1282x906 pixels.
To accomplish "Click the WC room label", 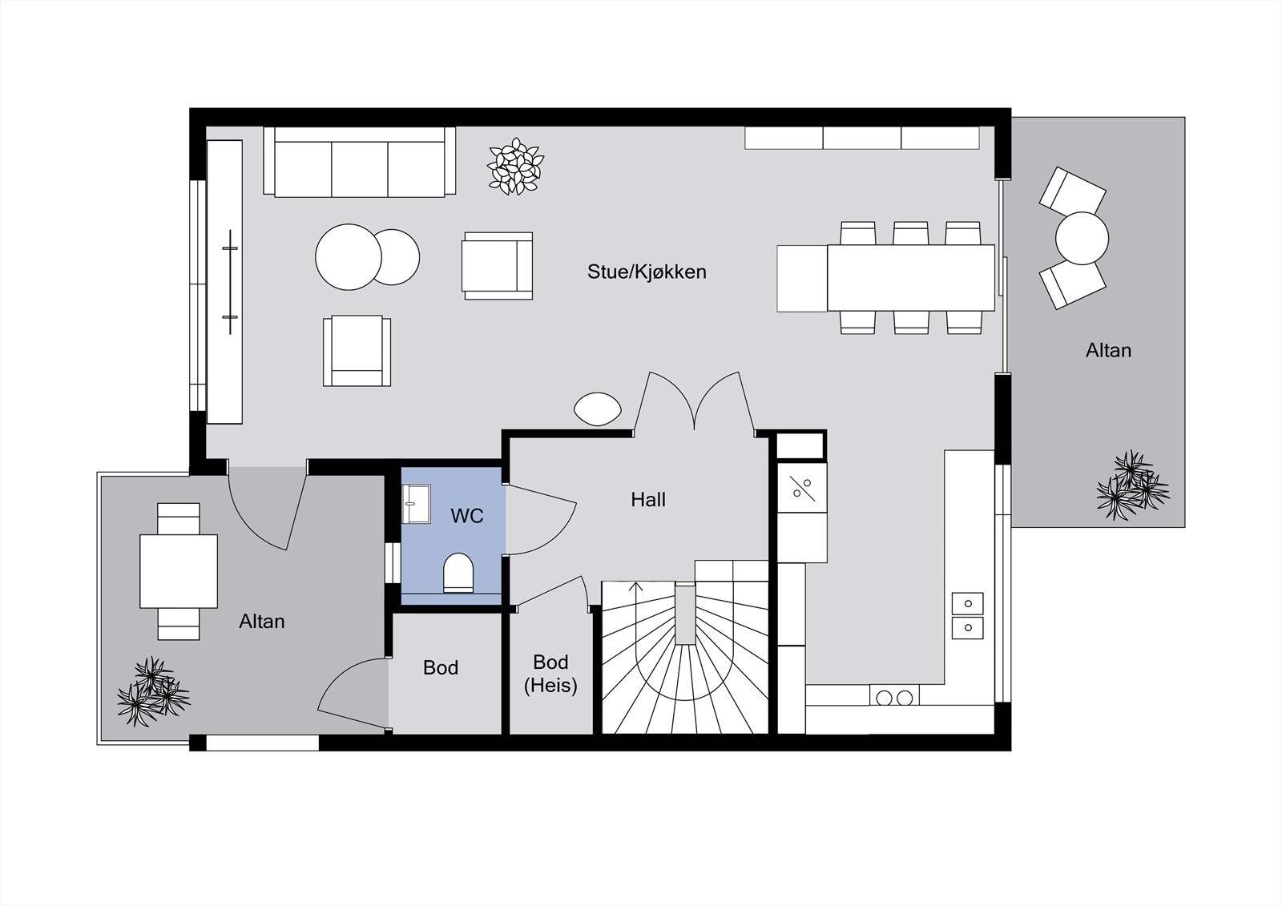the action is click(x=467, y=516).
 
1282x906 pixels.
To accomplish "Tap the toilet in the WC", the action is click(x=458, y=572).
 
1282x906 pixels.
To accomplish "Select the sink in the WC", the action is click(x=416, y=504).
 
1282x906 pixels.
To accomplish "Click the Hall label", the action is click(x=648, y=500).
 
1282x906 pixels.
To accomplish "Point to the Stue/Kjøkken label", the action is click(x=647, y=272).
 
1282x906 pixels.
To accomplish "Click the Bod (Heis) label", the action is click(x=550, y=674).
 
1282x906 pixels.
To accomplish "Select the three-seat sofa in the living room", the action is click(x=360, y=162).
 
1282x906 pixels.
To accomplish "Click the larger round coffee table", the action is click(x=348, y=257).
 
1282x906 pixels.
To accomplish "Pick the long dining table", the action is click(x=910, y=278).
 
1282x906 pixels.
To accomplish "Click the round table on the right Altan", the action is click(x=1082, y=238).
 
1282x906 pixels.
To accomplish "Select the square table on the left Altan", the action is click(x=179, y=571).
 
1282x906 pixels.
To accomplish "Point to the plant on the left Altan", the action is click(x=153, y=692).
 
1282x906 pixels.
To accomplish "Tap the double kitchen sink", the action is click(x=967, y=616).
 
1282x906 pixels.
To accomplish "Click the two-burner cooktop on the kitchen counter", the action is click(x=894, y=697).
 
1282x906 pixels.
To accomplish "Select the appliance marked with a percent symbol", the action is click(x=802, y=488).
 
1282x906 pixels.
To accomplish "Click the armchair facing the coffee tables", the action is click(x=498, y=266).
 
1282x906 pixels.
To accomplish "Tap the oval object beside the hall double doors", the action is click(x=598, y=409).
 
